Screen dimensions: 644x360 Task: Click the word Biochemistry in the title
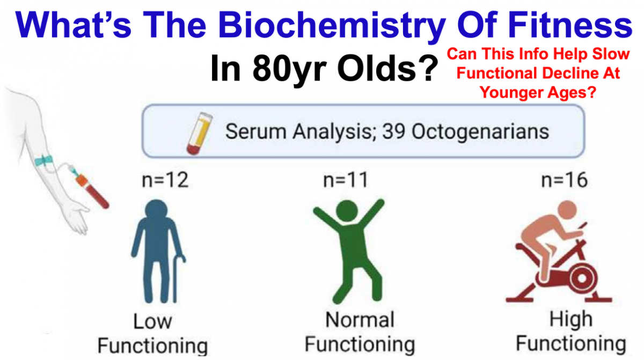tap(331, 25)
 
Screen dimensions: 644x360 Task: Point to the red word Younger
tap(510, 92)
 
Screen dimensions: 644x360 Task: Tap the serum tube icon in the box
tap(200, 133)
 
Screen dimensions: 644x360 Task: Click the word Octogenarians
tap(480, 132)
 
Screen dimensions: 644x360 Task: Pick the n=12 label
tap(165, 180)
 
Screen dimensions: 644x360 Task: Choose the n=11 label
tap(346, 180)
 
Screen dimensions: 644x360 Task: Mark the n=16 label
tap(565, 180)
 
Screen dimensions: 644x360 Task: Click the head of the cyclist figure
tap(567, 210)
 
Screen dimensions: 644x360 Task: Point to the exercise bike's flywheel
tap(582, 278)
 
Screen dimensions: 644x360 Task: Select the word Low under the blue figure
tap(152, 321)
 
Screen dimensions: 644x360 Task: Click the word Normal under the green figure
tap(360, 319)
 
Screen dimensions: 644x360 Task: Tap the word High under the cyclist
tap(571, 319)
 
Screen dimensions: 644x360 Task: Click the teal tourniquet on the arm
tap(44, 160)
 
